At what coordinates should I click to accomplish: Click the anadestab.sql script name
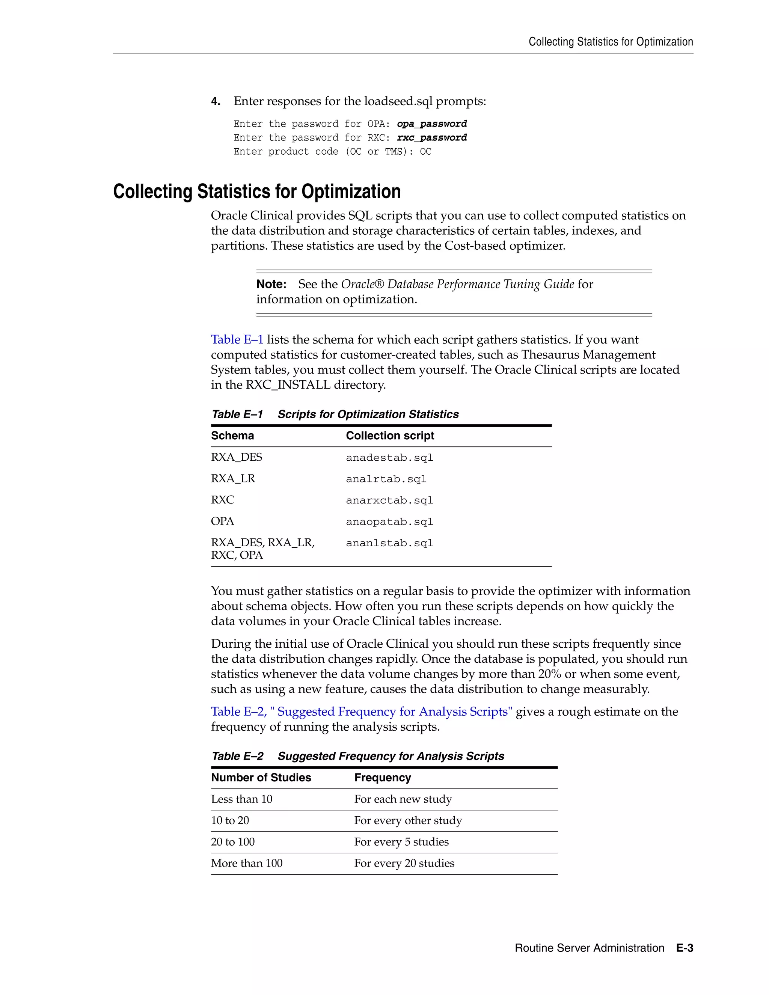click(389, 457)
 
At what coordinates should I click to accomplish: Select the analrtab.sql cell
click(386, 479)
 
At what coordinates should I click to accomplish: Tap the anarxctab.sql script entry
click(389, 500)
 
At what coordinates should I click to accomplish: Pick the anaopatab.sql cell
click(389, 522)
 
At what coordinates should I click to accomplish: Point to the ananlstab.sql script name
click(389, 543)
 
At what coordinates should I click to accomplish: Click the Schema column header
click(232, 436)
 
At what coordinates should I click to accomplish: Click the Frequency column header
click(382, 778)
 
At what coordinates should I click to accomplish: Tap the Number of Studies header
click(261, 778)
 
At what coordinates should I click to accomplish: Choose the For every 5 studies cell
click(401, 842)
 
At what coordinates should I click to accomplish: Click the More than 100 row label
click(246, 863)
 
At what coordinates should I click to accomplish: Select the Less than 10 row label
click(241, 799)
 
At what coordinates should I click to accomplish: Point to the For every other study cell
click(408, 820)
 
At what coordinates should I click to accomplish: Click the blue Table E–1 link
click(237, 339)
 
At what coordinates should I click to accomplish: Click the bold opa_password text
click(431, 124)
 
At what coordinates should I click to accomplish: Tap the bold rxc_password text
click(431, 137)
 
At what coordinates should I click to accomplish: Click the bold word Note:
click(271, 284)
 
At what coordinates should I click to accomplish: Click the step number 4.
click(216, 101)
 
